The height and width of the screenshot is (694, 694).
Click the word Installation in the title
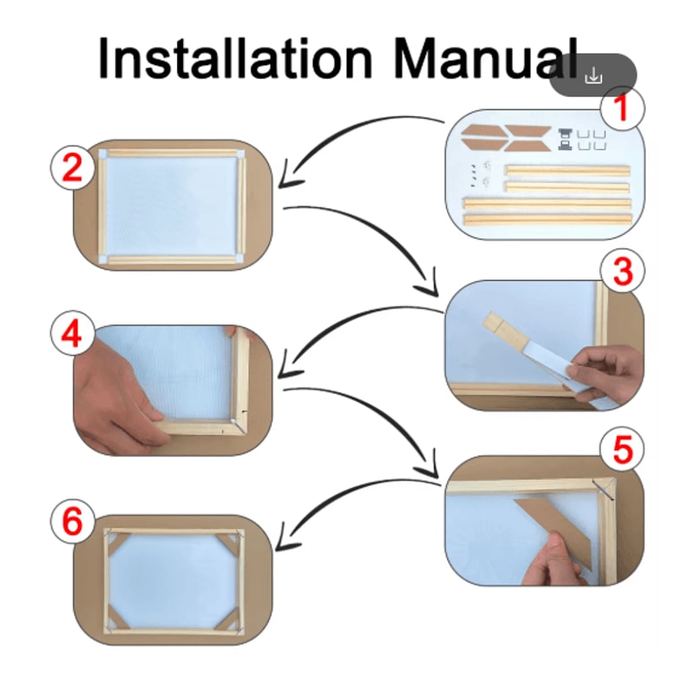pyautogui.click(x=235, y=58)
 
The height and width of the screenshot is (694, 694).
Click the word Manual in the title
pyautogui.click(x=486, y=58)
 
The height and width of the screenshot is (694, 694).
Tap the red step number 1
pyautogui.click(x=622, y=108)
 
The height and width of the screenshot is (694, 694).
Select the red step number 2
pyautogui.click(x=73, y=168)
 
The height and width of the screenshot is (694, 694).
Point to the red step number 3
pyautogui.click(x=623, y=271)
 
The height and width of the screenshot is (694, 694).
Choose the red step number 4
pyautogui.click(x=72, y=334)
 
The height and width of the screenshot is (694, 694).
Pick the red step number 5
pyautogui.click(x=623, y=449)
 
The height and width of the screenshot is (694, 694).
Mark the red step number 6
pyautogui.click(x=72, y=521)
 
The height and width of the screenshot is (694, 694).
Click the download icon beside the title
pyautogui.click(x=593, y=76)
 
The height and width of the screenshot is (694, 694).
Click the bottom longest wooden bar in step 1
pyautogui.click(x=547, y=219)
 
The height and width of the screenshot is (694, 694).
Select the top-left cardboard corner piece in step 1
pyautogui.click(x=481, y=132)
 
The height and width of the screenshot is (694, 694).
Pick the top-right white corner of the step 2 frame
pyautogui.click(x=240, y=155)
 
